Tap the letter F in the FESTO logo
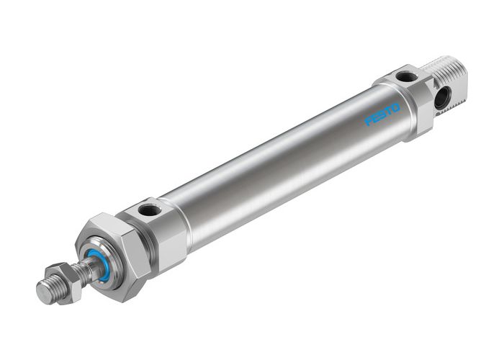[x=369, y=122]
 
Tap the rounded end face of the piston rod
[x=43, y=292]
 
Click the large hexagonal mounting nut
[x=115, y=256]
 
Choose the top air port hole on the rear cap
[x=406, y=76]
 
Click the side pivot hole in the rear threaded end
[x=441, y=98]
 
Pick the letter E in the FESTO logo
[x=375, y=118]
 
